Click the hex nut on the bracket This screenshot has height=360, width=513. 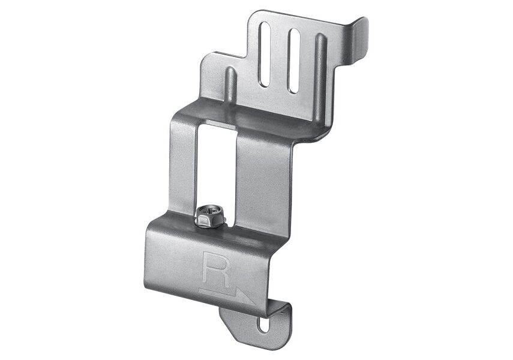pos(210,219)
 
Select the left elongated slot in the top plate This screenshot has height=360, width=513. pos(265,55)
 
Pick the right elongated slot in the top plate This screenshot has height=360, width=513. pos(294,60)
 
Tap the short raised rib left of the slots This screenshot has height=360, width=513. pos(231,85)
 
